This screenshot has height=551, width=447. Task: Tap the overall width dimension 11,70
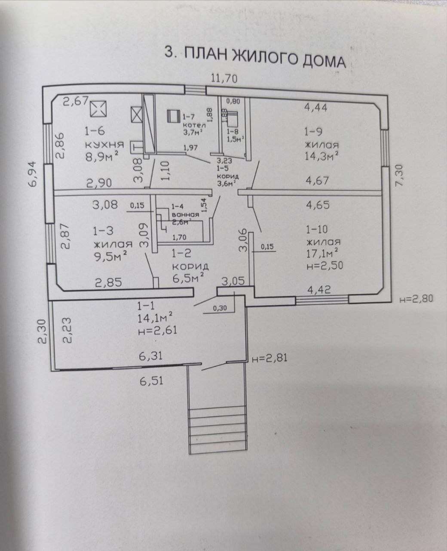click(x=224, y=79)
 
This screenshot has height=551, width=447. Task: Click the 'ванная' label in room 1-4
click(x=185, y=214)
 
